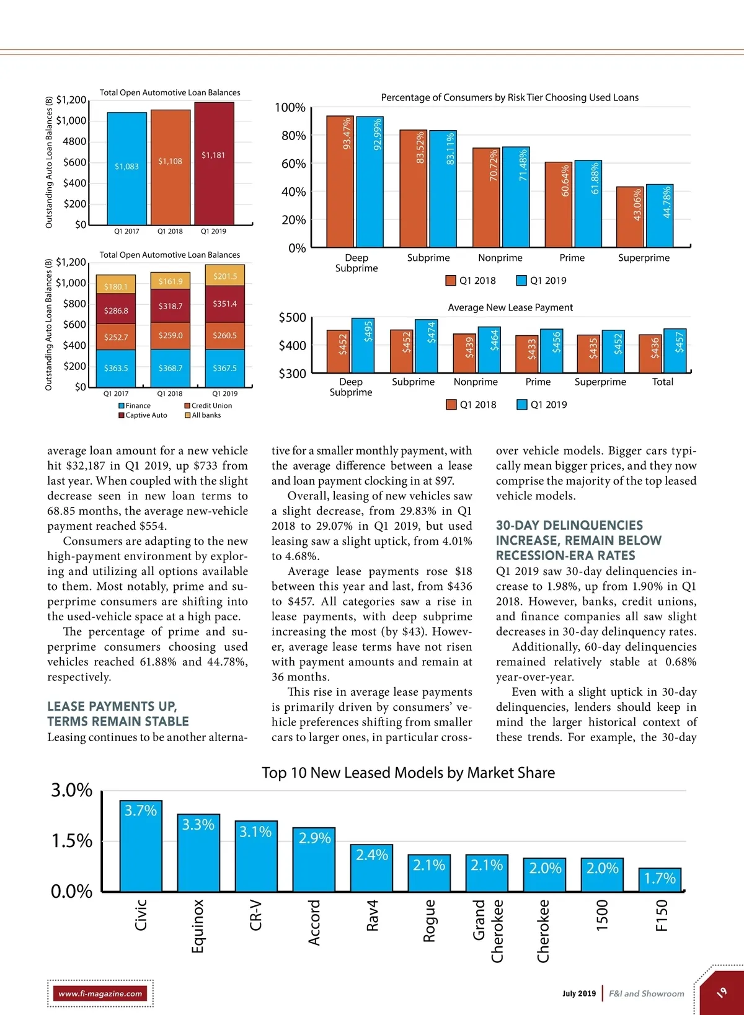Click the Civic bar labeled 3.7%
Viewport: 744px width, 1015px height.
click(x=141, y=846)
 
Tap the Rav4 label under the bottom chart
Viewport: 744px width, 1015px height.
click(x=372, y=915)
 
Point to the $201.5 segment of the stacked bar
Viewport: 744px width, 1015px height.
click(x=225, y=276)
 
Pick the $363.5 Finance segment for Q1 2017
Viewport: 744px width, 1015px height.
click(x=116, y=368)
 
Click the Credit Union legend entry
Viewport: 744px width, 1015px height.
click(x=208, y=406)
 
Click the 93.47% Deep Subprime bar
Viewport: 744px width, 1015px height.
click(x=340, y=182)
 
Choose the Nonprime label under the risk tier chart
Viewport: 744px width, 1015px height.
click(x=500, y=258)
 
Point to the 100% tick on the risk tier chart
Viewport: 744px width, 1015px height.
click(x=290, y=108)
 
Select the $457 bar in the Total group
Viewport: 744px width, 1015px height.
click(x=675, y=350)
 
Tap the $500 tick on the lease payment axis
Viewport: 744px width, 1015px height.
click(x=292, y=318)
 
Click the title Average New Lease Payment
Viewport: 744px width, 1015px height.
click(x=510, y=307)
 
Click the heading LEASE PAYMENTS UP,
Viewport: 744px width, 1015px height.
click(x=112, y=706)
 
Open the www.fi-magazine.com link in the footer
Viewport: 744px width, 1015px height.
click(x=100, y=993)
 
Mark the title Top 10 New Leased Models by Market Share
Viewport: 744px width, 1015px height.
click(x=408, y=773)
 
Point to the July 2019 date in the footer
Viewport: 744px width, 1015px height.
click(x=579, y=993)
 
